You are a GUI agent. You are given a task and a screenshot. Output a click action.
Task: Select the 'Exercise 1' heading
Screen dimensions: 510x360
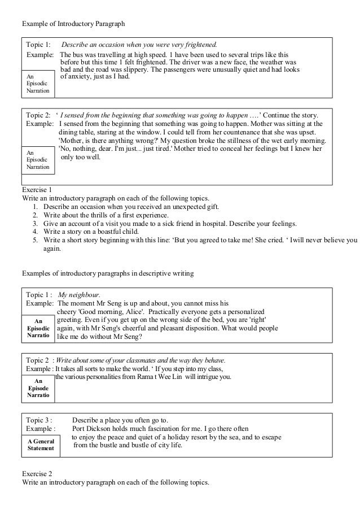(37, 190)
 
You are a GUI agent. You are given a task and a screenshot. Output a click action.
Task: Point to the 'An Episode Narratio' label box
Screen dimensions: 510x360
(38, 388)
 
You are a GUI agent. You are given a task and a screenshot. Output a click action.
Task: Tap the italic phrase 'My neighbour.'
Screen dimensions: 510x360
(79, 294)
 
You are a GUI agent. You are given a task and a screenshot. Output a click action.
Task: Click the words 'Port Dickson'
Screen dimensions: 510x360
(93, 428)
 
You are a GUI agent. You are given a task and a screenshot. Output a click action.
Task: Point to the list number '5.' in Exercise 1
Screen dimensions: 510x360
(35, 239)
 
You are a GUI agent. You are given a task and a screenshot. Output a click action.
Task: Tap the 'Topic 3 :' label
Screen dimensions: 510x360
(39, 420)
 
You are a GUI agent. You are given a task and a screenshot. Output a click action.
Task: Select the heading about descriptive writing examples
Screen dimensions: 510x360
(107, 273)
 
